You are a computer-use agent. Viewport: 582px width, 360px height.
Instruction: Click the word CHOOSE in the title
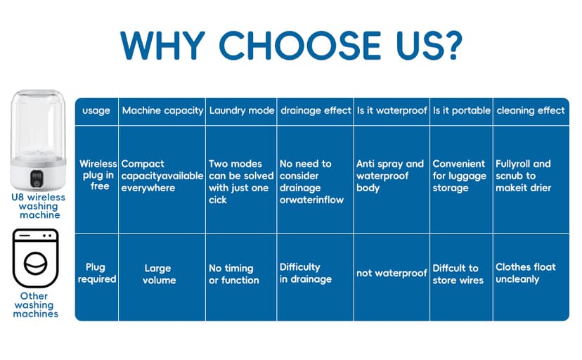tap(300, 45)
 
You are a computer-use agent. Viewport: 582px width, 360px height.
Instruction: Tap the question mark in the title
tap(451, 45)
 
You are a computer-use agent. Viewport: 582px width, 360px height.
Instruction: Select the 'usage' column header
tap(96, 110)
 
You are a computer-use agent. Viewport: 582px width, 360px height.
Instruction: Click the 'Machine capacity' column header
tap(162, 110)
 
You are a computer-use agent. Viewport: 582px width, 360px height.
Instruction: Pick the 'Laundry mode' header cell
tap(242, 110)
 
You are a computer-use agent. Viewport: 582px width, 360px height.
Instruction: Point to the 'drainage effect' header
tap(316, 110)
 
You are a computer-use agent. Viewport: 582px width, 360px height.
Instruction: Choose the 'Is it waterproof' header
tap(392, 110)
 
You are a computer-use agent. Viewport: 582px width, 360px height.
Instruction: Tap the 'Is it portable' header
tap(462, 110)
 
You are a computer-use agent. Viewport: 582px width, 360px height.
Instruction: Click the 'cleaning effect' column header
tap(531, 110)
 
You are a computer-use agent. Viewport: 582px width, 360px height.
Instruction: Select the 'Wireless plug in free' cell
tap(98, 175)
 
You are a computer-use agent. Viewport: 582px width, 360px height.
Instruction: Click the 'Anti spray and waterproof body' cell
tap(389, 176)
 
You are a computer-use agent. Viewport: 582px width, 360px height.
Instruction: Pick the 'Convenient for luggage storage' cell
tap(459, 176)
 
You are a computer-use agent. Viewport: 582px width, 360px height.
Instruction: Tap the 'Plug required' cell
tap(97, 273)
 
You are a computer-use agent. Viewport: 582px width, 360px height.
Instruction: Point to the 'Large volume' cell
tap(159, 274)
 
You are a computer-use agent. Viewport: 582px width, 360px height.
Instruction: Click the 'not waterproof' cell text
tap(392, 273)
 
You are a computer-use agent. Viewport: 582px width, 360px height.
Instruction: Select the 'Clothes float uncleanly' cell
tap(526, 273)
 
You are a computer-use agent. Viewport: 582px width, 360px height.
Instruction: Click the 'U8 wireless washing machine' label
tap(39, 206)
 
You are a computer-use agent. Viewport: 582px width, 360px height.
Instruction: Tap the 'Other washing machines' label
tap(36, 304)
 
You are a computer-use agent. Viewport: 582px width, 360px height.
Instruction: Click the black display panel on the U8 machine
tap(37, 179)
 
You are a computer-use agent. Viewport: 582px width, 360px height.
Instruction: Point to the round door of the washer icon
tap(36, 263)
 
